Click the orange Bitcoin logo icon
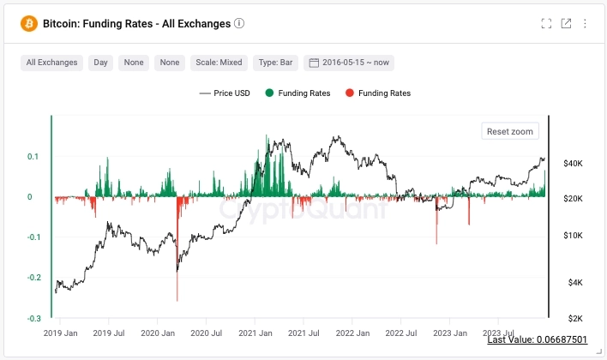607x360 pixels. coord(30,24)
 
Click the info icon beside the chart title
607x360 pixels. coord(239,24)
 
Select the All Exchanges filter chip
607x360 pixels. coord(51,63)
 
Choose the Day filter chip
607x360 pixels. coord(101,63)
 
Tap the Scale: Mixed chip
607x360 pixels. coord(219,63)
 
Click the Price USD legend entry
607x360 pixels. coord(225,93)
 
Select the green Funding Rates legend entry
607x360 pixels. coord(297,93)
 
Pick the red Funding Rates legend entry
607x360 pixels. coord(378,93)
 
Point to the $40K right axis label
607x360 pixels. coord(573,163)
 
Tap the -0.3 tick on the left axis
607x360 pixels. coord(35,319)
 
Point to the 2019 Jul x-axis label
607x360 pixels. coord(108,333)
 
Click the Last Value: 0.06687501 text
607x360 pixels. coord(537,340)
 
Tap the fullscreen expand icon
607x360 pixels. coord(546,24)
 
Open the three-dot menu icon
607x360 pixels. coord(585,24)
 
